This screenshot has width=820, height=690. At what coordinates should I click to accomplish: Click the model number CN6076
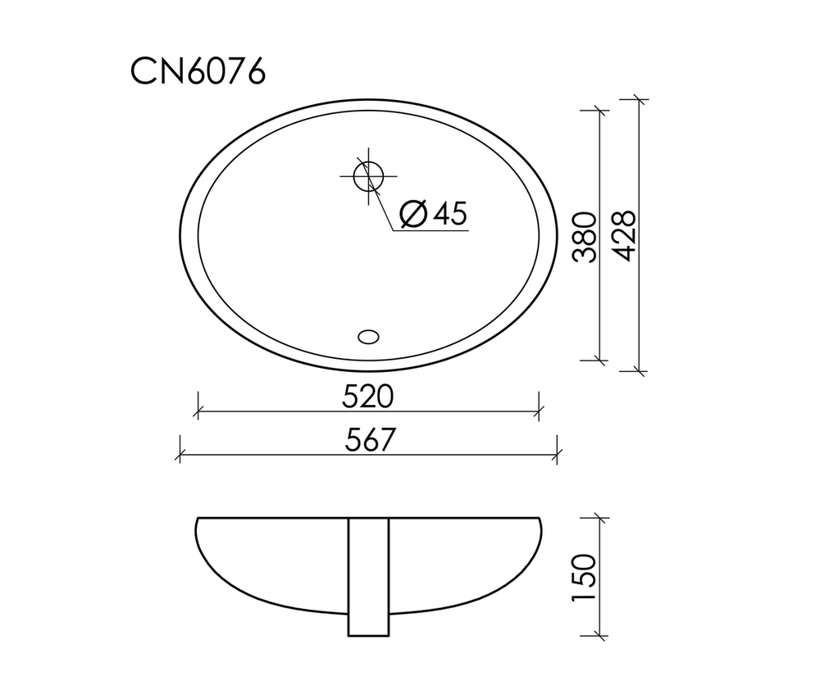point(198,72)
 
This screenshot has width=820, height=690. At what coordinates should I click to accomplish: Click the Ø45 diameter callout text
point(433,214)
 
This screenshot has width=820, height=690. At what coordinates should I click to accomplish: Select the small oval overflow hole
point(369,335)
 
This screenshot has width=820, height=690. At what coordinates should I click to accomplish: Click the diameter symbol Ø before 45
point(413,214)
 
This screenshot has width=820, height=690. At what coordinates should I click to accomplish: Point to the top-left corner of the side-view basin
point(198,519)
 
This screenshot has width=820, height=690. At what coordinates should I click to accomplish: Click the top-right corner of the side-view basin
point(540,519)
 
